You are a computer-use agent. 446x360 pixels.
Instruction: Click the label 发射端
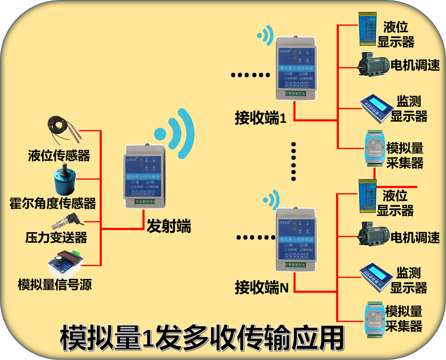tap(169, 226)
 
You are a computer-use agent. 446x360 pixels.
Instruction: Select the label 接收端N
tap(262, 288)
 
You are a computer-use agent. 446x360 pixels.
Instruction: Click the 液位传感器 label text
tap(59, 156)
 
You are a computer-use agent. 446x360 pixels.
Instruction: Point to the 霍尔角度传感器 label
tap(53, 204)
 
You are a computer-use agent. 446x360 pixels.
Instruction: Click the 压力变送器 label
tap(56, 238)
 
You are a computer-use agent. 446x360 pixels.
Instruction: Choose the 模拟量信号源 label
tap(55, 285)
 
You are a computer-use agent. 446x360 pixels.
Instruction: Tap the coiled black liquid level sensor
tap(63, 128)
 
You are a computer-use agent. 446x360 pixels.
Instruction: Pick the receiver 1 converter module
tap(296, 69)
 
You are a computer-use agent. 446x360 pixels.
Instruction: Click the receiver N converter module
tap(296, 239)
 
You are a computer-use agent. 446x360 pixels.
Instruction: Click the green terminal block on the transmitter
tap(144, 202)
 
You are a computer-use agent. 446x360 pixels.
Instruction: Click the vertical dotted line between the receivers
tap(294, 161)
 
